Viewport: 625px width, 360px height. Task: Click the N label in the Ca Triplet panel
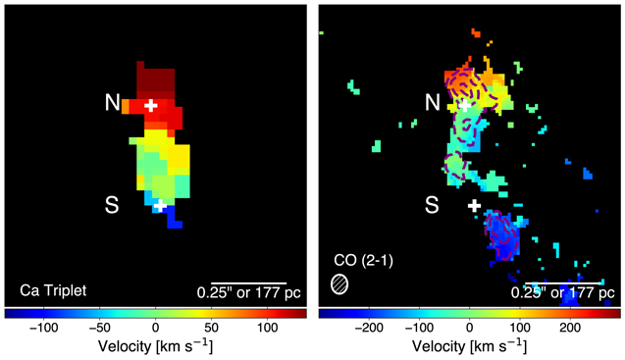114,102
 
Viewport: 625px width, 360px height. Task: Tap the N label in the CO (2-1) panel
432,102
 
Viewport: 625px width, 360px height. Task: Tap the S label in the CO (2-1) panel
432,204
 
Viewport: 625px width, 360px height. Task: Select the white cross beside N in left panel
150,105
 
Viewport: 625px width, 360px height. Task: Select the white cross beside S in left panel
159,206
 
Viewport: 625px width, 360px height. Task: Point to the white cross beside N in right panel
466,105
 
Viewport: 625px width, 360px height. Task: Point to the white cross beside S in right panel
475,206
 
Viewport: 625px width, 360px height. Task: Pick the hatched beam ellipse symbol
339,283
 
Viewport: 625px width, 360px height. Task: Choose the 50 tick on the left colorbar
211,327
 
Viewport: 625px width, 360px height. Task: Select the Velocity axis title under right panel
471,346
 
